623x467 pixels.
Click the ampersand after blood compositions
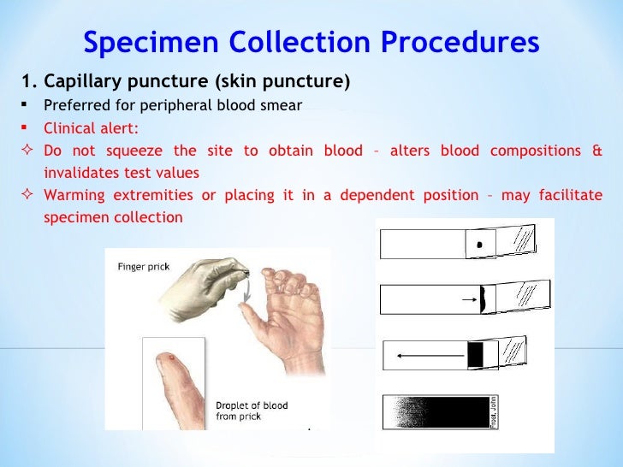pyautogui.click(x=596, y=151)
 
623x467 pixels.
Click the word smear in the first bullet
pyautogui.click(x=282, y=106)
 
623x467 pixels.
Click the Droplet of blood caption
pyautogui.click(x=250, y=411)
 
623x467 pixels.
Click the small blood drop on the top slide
pyautogui.click(x=480, y=245)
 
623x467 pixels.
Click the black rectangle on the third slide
pyautogui.click(x=476, y=354)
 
